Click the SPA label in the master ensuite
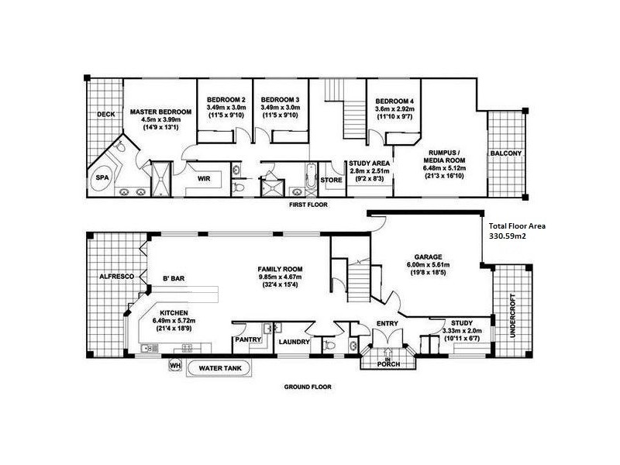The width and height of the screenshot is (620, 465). tap(102, 177)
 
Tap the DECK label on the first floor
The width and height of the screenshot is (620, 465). tap(106, 115)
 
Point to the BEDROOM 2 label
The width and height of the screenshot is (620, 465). tap(226, 100)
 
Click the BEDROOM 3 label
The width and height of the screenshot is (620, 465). tap(280, 100)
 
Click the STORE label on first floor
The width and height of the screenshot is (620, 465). tap(331, 180)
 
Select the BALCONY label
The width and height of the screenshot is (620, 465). tap(506, 153)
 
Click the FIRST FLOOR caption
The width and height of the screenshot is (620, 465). tap(308, 205)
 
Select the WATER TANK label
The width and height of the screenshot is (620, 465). tap(219, 367)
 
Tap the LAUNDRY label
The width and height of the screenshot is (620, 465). tap(294, 342)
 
